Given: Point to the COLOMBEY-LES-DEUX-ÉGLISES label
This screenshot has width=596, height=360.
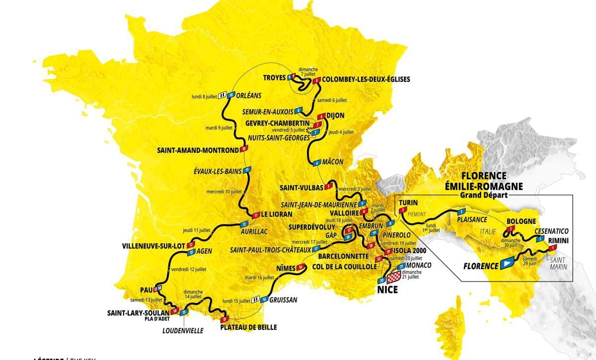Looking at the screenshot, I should [366, 79].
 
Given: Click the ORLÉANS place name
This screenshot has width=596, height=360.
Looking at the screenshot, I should [249, 95].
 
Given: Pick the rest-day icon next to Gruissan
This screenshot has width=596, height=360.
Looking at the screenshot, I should [255, 299].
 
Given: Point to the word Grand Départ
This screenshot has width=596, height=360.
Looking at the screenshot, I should [483, 196].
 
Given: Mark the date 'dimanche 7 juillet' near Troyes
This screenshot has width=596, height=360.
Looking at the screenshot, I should [308, 72].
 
